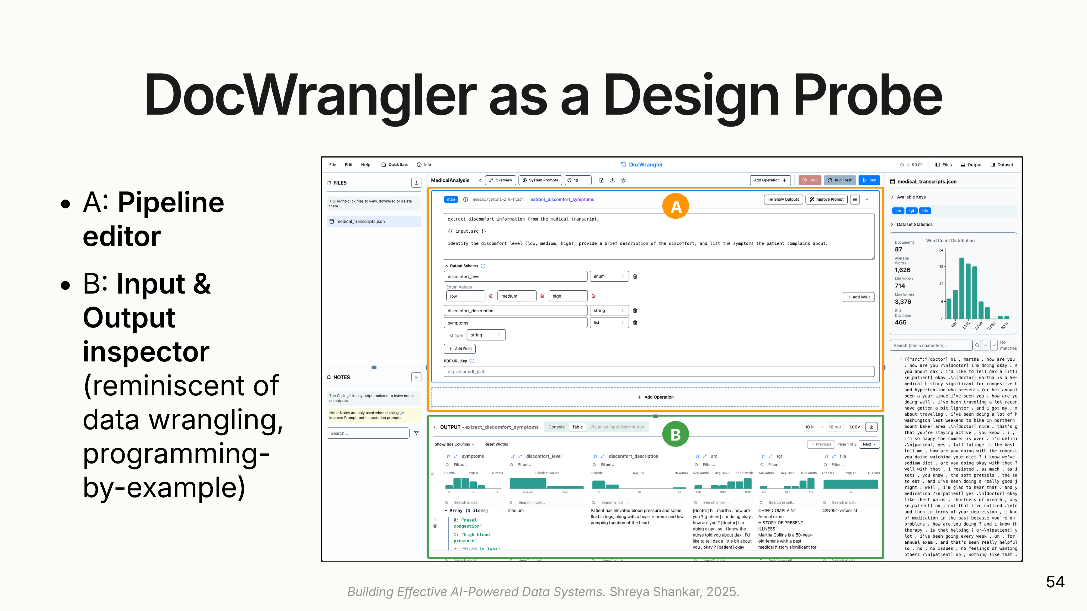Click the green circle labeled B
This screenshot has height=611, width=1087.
[x=675, y=434]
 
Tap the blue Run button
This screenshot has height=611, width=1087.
[x=869, y=180]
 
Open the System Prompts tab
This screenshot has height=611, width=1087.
[x=540, y=180]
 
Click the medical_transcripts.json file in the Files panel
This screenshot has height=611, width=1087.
[x=360, y=221]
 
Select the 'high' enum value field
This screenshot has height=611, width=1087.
[x=568, y=296]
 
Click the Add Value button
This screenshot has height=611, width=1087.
[x=858, y=297]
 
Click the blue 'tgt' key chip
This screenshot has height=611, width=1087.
[x=911, y=211]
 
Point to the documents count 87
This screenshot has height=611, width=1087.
[x=898, y=249]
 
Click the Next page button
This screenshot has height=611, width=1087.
[x=869, y=444]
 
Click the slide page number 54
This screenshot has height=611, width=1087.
[x=1055, y=582]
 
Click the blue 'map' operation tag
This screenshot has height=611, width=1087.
[x=451, y=199]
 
